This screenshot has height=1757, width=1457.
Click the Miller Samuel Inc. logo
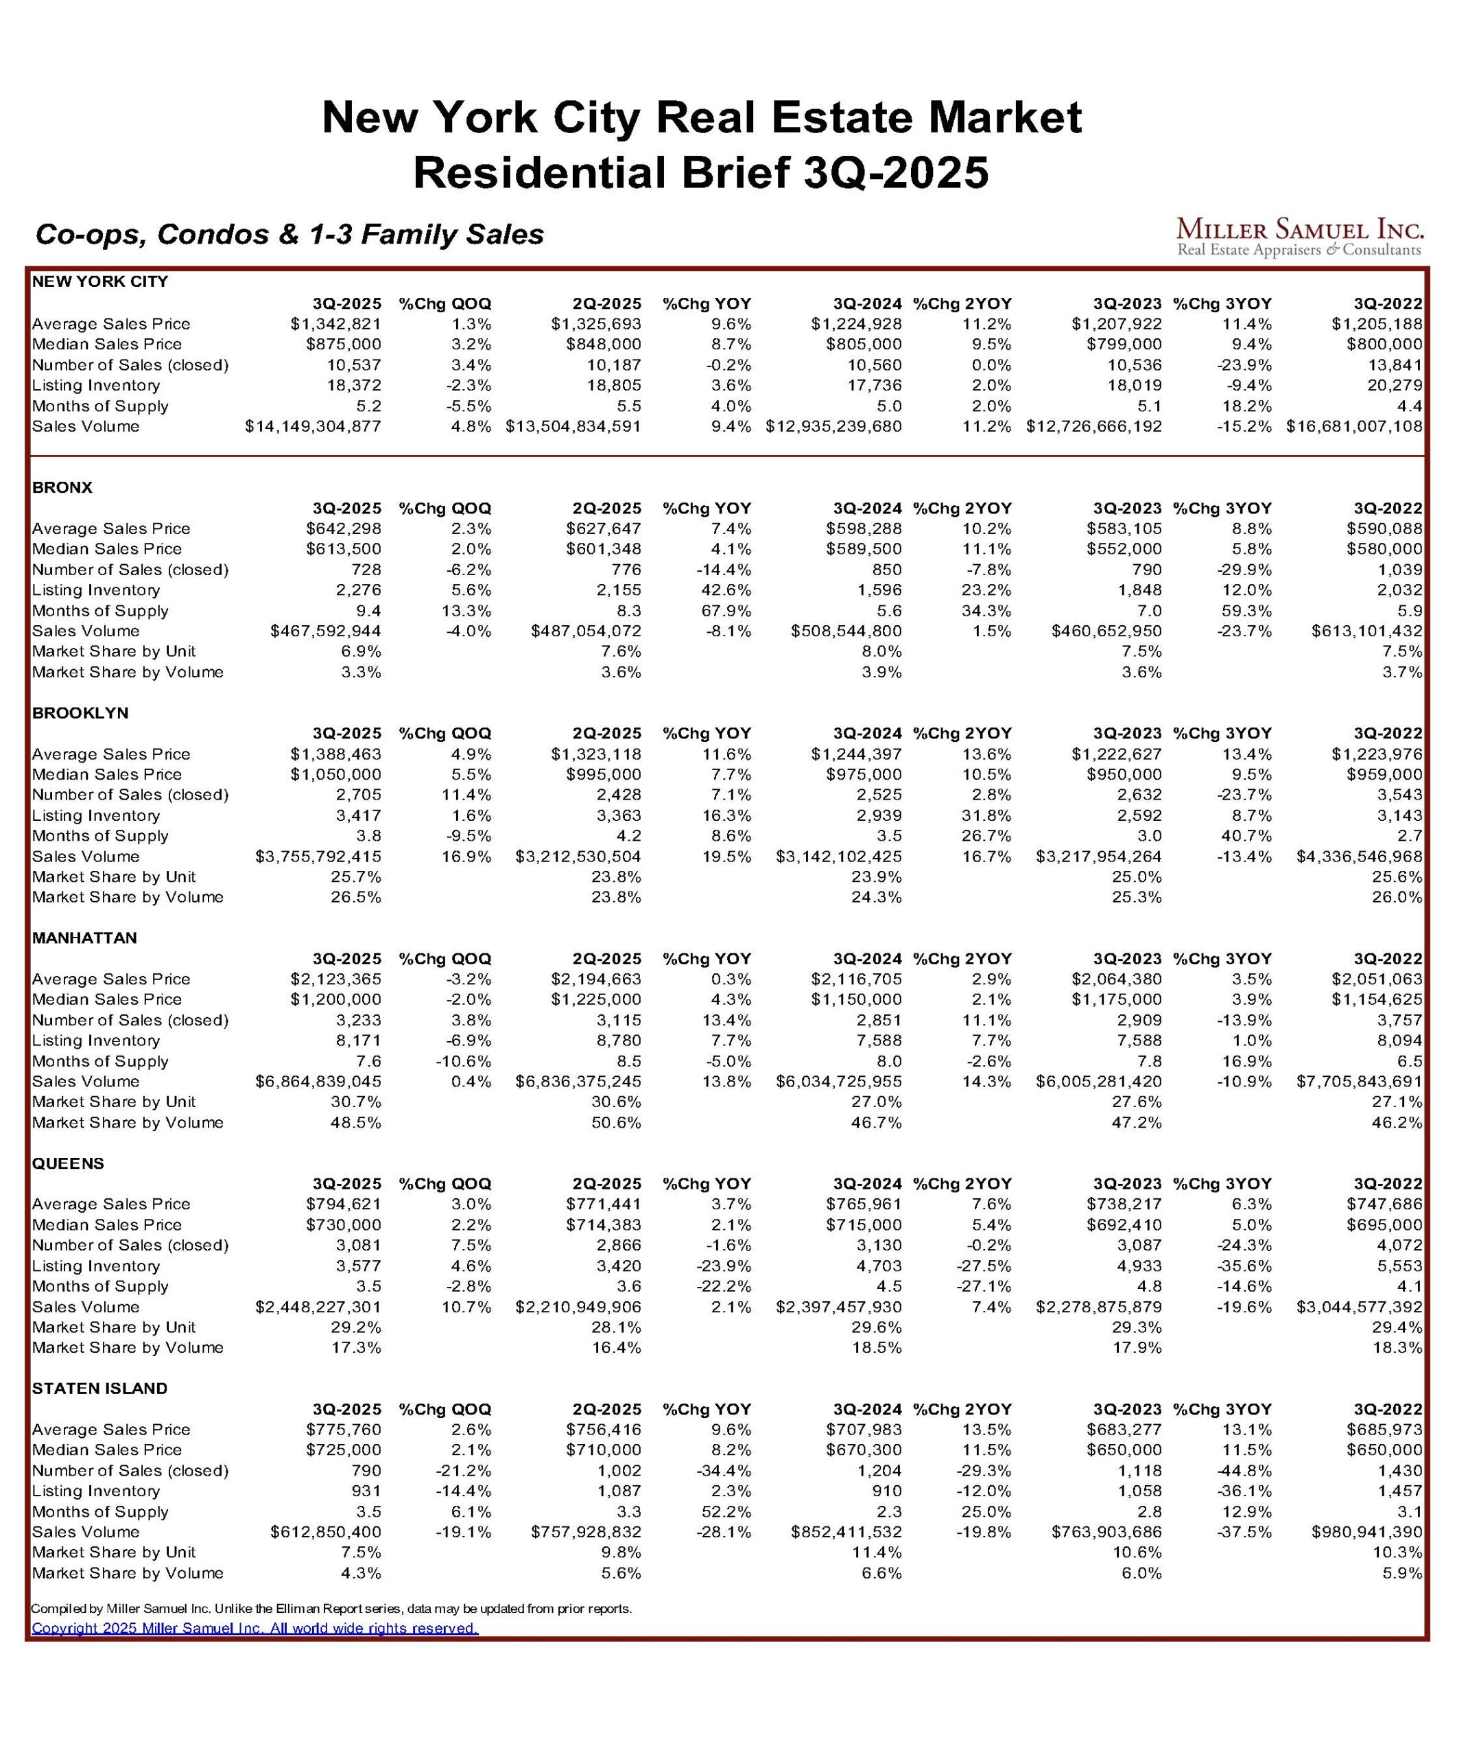(x=1299, y=237)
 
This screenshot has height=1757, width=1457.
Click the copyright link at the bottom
(x=254, y=1627)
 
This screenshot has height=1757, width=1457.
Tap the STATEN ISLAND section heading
(x=99, y=1388)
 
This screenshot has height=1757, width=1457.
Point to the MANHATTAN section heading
(x=84, y=938)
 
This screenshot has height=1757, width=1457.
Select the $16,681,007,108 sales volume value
(x=1353, y=426)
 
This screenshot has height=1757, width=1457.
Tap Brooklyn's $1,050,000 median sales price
(x=335, y=774)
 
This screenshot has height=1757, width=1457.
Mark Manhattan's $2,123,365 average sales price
(x=335, y=979)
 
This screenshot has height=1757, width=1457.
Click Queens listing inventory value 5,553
(x=1399, y=1266)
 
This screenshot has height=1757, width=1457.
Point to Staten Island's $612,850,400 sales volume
(x=325, y=1532)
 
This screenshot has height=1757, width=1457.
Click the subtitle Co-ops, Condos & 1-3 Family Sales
(x=289, y=234)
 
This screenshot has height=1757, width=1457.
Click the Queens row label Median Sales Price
(x=107, y=1225)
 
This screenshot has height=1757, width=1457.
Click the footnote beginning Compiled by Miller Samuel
(x=331, y=1608)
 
